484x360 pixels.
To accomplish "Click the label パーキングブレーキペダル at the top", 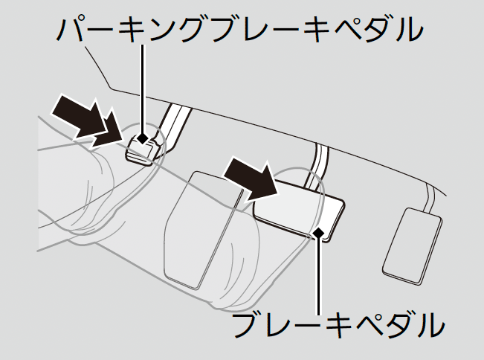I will (242, 30).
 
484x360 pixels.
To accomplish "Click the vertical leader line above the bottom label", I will (320, 275).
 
